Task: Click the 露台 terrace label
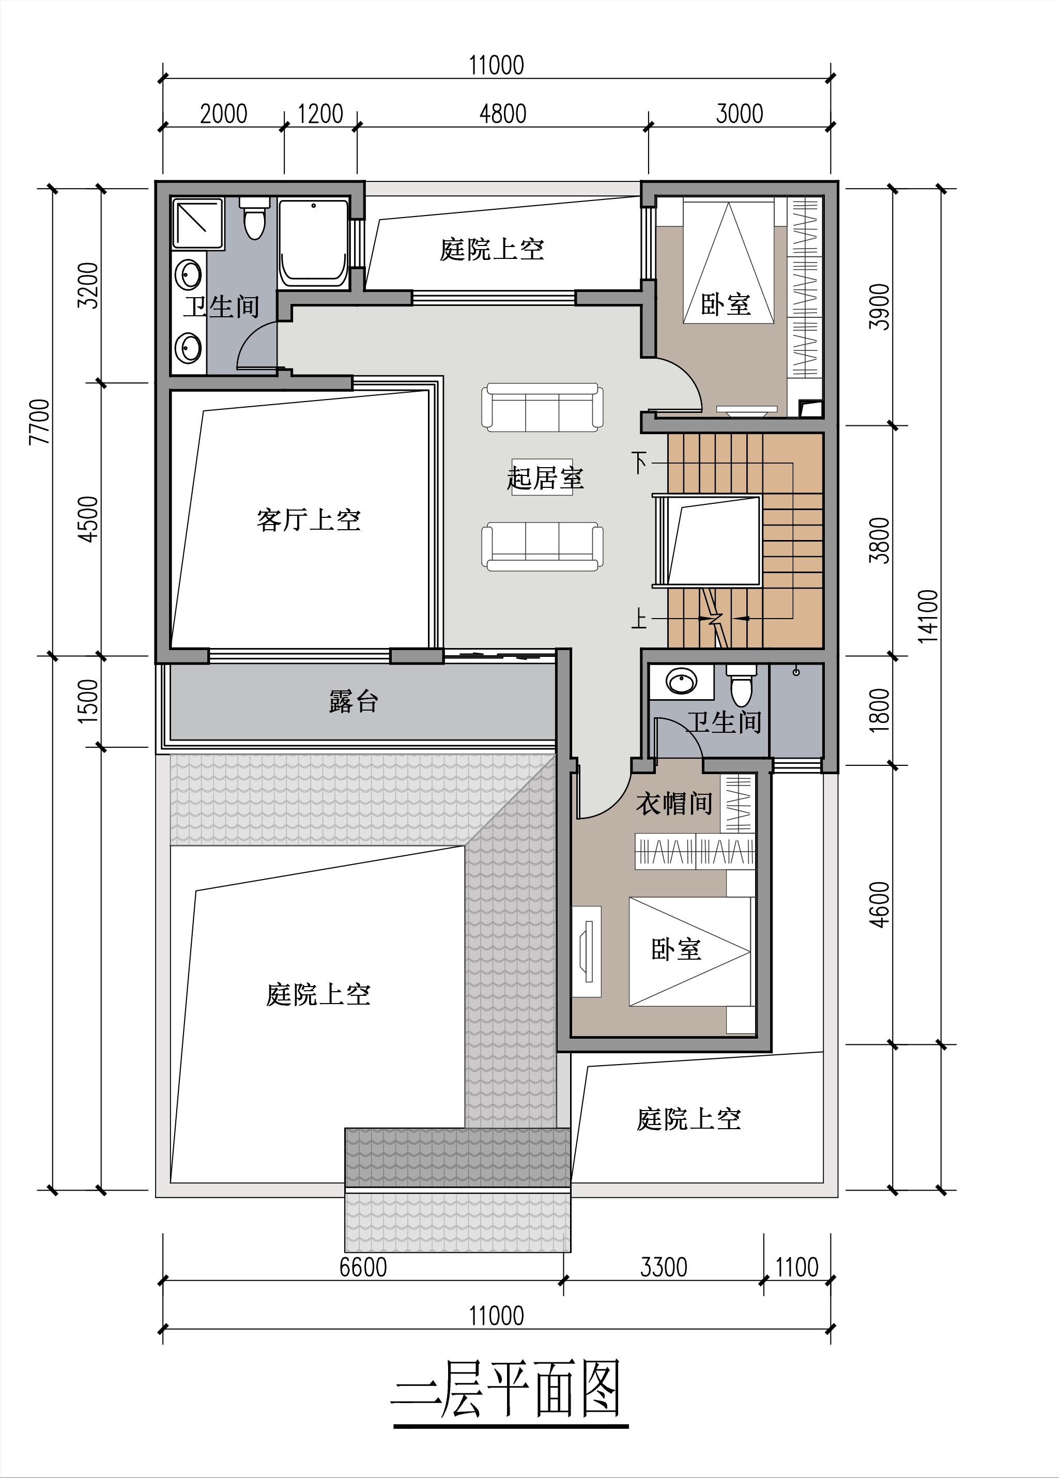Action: pos(353,702)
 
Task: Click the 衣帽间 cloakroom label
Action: pos(674,804)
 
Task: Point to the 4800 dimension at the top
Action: pos(502,114)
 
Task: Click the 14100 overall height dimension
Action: pos(928,616)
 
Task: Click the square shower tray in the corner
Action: pos(198,224)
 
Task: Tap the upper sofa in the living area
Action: pos(542,407)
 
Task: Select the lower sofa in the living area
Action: pos(542,547)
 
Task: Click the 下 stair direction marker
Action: pos(640,463)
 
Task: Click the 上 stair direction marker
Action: pos(640,618)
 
